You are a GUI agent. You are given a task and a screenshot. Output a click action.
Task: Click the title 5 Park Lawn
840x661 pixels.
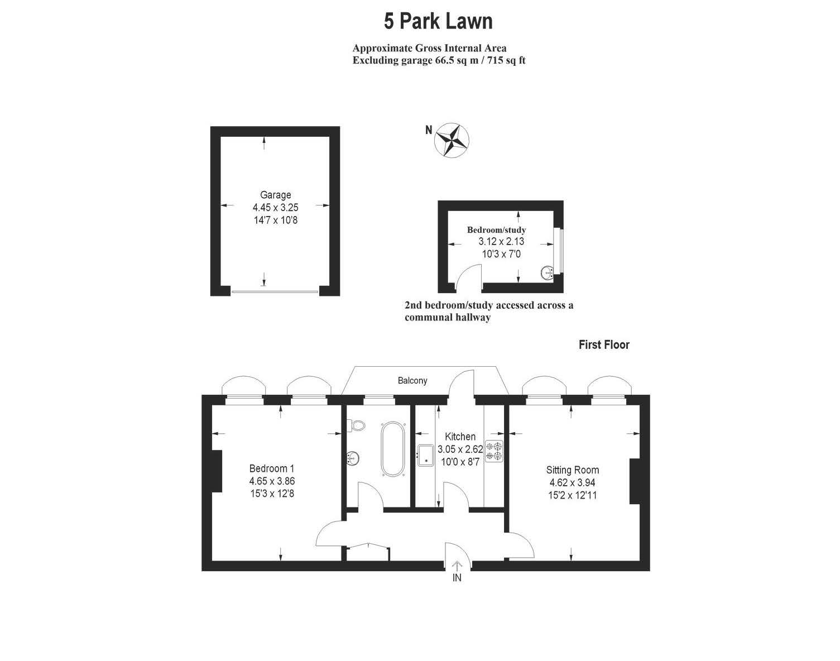(438, 22)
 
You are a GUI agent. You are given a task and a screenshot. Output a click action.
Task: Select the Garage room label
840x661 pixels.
(276, 195)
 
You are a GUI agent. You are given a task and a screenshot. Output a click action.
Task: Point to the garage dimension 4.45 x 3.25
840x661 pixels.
(276, 207)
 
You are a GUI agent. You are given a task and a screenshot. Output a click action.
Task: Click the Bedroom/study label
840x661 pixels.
(496, 230)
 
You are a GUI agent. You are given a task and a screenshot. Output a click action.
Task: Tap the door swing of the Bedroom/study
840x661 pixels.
(469, 277)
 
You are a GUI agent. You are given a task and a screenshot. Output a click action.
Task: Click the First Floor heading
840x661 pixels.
(604, 345)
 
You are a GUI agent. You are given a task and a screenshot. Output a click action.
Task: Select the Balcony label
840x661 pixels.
(412, 381)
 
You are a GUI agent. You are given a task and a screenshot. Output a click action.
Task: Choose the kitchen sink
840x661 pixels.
(427, 454)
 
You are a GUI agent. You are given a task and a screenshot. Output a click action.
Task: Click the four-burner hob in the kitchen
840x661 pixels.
(495, 451)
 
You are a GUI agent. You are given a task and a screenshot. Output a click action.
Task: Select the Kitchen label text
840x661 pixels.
(460, 437)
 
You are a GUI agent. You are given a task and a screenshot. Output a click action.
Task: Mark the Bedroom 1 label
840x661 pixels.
(272, 469)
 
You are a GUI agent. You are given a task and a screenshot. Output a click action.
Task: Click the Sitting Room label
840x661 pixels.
(573, 470)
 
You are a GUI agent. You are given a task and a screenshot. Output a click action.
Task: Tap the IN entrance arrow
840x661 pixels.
(457, 568)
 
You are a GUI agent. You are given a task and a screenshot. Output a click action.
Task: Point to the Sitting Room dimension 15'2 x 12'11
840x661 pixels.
(573, 495)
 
